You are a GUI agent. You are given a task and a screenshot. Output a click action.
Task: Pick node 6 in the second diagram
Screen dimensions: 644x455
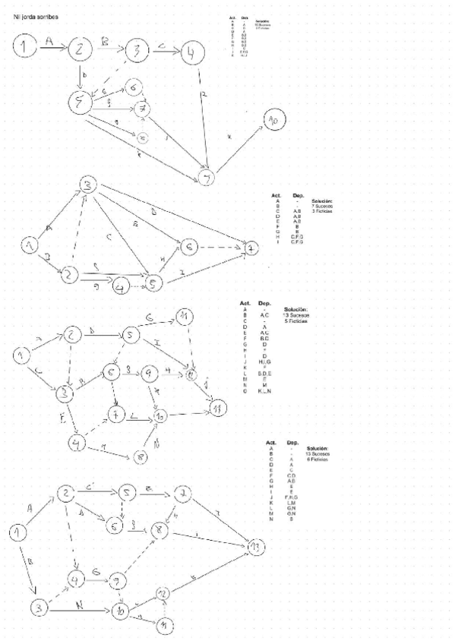[x=190, y=246]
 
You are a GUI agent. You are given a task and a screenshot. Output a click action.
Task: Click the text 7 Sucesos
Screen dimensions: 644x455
[x=323, y=207]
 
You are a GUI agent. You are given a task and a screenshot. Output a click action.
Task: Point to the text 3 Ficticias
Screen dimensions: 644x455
[x=323, y=212]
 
